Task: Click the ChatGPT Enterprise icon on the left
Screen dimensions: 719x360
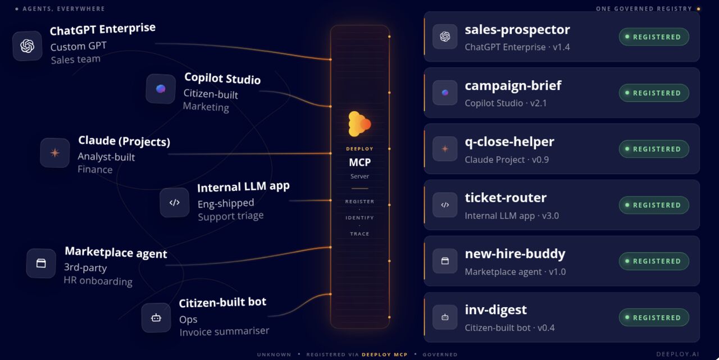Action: (x=28, y=46)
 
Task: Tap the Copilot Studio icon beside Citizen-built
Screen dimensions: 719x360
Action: (x=161, y=89)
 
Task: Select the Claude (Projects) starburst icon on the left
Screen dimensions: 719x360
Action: (x=55, y=153)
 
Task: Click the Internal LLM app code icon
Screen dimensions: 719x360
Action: (x=174, y=202)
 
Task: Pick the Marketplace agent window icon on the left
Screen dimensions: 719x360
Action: (x=41, y=263)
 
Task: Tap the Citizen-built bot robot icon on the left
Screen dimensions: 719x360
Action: (x=156, y=318)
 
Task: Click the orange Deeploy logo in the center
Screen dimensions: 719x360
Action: (x=359, y=124)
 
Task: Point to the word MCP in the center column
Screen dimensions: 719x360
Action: (x=360, y=162)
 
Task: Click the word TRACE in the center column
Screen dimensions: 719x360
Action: (x=359, y=234)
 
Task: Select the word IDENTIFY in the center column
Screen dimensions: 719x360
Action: (x=359, y=218)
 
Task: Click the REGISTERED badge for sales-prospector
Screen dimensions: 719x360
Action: (x=654, y=37)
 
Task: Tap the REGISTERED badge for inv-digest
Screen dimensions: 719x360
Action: (x=654, y=318)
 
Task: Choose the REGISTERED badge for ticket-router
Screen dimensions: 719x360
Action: (x=654, y=206)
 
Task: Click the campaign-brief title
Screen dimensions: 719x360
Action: (x=513, y=86)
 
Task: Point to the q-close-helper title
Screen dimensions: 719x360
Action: (x=509, y=142)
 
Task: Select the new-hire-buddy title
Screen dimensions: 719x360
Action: (x=515, y=254)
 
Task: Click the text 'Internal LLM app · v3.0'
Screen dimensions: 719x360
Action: (x=512, y=216)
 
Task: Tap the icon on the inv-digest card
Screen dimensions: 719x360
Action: (x=445, y=317)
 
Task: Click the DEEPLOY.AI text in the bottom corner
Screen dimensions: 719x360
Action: (x=677, y=354)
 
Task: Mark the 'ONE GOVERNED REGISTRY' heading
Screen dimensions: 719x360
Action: (x=644, y=9)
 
